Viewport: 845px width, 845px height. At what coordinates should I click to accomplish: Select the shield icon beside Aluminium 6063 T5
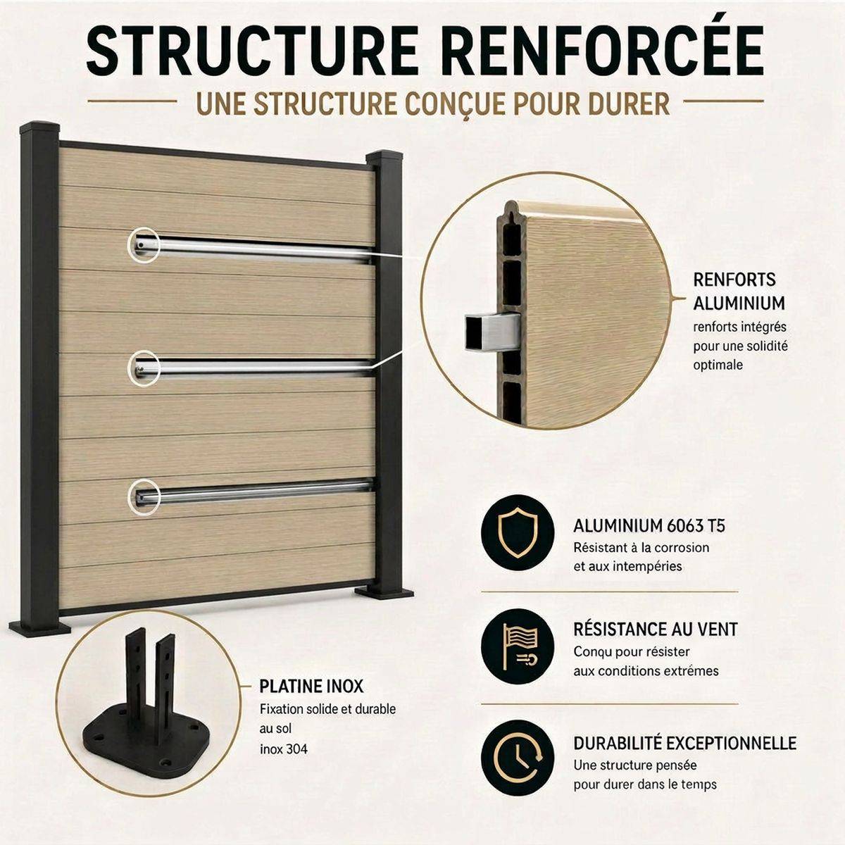518,533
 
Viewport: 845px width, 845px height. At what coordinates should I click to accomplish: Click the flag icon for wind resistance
518,647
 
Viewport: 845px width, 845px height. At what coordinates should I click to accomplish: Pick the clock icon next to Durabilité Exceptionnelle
518,760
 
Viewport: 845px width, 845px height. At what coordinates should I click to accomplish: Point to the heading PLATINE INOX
311,687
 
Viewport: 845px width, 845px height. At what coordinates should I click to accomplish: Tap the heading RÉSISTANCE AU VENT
656,630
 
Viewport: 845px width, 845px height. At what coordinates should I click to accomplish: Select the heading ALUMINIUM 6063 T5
649,526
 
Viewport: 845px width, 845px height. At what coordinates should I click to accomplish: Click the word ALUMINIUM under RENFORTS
739,303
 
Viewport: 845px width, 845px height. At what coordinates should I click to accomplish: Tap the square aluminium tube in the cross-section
492,332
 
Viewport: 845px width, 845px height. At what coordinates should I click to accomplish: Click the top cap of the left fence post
39,127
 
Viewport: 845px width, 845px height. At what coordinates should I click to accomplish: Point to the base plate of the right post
384,594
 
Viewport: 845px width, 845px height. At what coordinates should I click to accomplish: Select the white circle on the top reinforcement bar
143,246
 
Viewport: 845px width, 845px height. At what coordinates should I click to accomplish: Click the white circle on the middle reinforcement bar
144,368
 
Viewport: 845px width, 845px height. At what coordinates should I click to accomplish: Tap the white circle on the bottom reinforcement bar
144,496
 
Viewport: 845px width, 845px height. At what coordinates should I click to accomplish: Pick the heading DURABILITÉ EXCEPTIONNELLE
685,743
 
